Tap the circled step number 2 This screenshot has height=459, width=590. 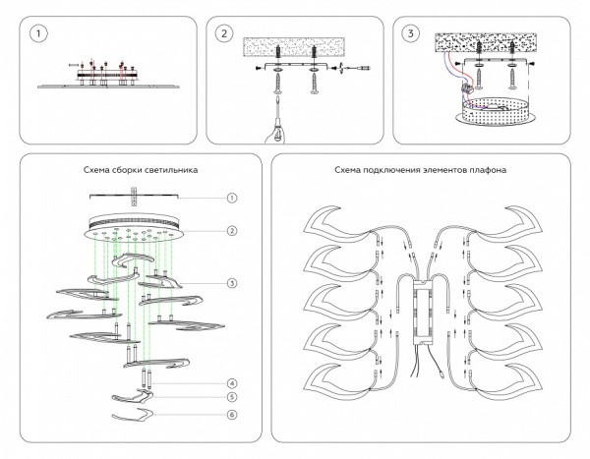coord(224,34)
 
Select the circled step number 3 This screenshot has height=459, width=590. coord(411,34)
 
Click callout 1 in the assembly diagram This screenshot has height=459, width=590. coord(232,198)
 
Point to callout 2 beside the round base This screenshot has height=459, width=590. coord(232,231)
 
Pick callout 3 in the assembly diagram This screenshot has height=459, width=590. coord(232,283)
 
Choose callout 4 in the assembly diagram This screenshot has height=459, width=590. coord(232,382)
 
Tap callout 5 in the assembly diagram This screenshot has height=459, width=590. coord(232,397)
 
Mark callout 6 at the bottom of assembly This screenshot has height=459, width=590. coord(232,414)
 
